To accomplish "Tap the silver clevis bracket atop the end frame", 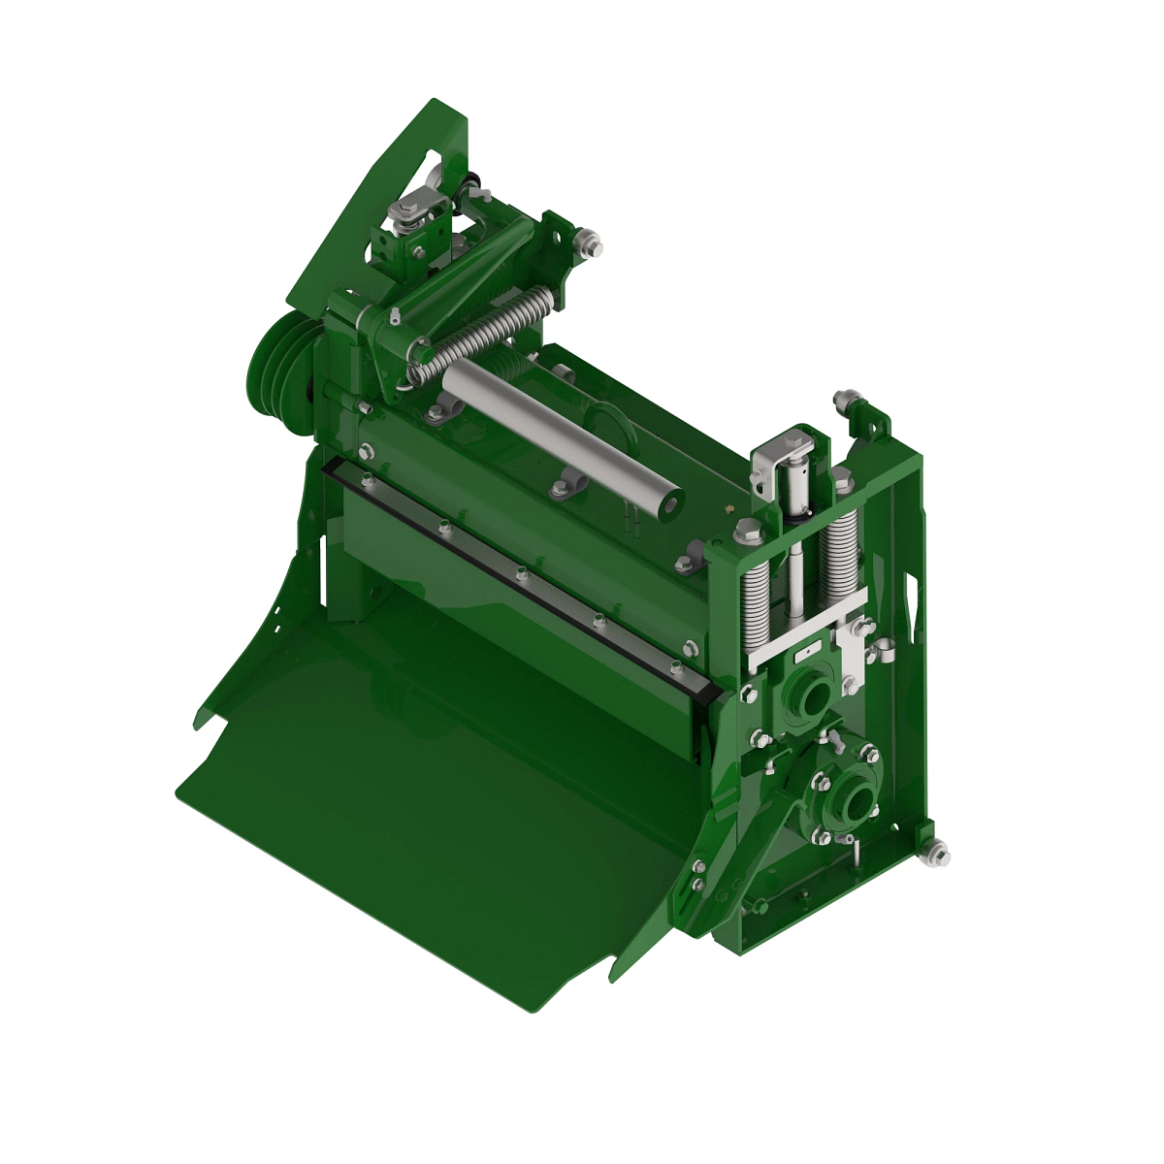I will pos(784,456).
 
